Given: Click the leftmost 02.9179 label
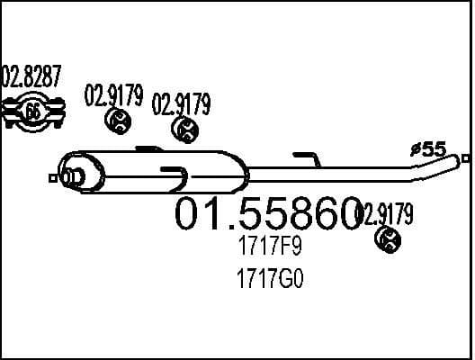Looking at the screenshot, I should (x=113, y=95).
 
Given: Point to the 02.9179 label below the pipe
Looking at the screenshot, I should (x=385, y=213).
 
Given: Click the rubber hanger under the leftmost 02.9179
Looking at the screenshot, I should (x=118, y=120).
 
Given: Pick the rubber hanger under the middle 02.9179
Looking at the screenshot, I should (x=186, y=130).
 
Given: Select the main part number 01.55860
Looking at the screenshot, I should (x=267, y=214).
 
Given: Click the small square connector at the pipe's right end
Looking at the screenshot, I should (x=465, y=158).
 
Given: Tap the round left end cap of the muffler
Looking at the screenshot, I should (x=70, y=173).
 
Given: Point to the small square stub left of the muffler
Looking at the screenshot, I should (x=55, y=178).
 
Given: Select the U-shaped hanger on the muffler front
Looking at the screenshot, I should (x=174, y=175).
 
